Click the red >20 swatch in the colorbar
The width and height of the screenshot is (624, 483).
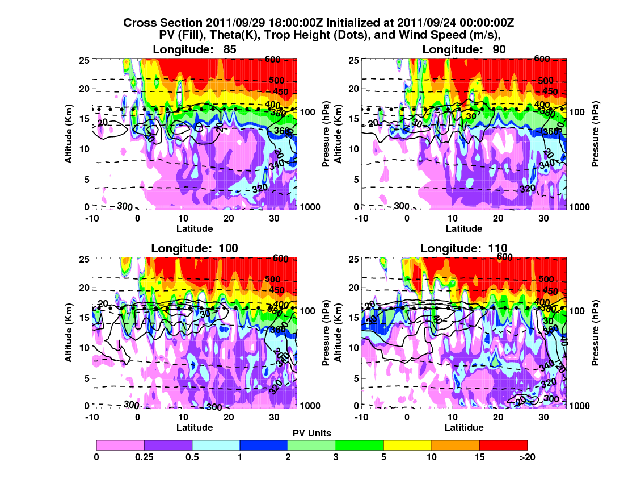(503, 445)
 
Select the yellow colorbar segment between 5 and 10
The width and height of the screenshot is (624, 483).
(407, 445)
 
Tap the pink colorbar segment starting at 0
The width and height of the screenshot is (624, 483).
(120, 445)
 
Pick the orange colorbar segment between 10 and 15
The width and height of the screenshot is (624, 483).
(455, 445)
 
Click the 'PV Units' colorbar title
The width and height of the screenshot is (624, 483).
(312, 433)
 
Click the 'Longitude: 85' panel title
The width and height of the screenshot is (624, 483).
(195, 49)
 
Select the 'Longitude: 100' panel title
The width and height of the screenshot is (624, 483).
(195, 248)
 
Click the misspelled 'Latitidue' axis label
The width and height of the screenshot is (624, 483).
(464, 427)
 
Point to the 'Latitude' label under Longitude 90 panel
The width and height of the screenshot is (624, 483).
(464, 228)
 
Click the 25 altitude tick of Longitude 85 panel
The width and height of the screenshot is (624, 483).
(82, 60)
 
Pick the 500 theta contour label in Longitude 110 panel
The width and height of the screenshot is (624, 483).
(546, 279)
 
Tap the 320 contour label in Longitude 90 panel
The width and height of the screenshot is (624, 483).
(528, 188)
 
